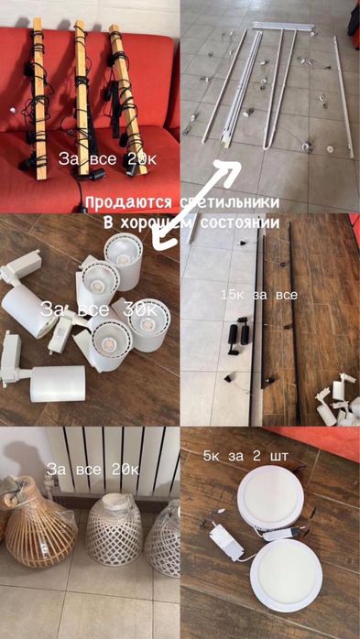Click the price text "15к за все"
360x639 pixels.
(259, 295)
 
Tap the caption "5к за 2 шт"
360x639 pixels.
(245, 457)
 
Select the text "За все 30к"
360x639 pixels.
(98, 310)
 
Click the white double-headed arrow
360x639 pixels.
(196, 204)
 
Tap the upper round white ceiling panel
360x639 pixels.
(270, 500)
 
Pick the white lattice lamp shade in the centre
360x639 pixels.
(115, 529)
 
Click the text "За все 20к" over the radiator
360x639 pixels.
(93, 470)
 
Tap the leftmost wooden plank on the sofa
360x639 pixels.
(39, 99)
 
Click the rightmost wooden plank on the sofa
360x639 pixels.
(126, 99)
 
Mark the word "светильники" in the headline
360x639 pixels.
(230, 203)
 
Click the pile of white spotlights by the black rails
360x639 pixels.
(337, 400)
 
